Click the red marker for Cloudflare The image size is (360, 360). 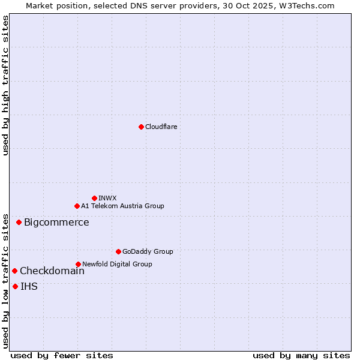pos(141,127)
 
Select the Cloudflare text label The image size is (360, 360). pos(161,127)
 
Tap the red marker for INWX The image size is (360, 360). pos(94,198)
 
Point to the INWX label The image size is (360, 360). pos(107,198)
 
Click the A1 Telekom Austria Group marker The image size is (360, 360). pos(77,206)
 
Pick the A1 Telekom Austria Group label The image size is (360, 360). pos(122,206)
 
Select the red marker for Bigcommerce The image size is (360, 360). pos(19,222)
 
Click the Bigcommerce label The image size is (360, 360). pos(56,223)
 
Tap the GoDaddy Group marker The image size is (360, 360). pos(118,251)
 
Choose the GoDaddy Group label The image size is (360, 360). pos(148,251)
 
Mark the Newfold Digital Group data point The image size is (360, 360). pos(78,264)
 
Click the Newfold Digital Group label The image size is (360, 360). pos(117,264)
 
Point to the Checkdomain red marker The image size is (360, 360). pos(14,271)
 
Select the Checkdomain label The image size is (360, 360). pos(52,271)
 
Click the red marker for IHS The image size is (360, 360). pos(15,286)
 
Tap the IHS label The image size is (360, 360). pos(29,287)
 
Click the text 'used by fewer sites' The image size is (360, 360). pos(62,355)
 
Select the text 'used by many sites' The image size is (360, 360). pos(301,355)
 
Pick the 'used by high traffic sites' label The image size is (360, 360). pos(5,85)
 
